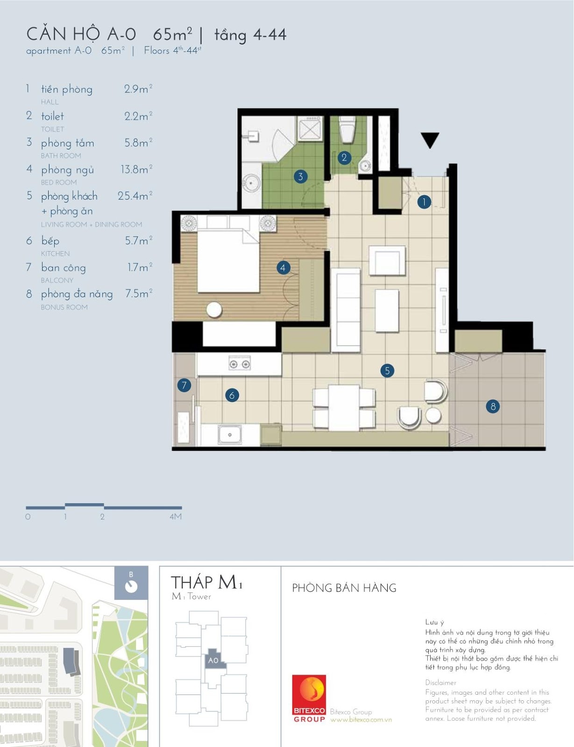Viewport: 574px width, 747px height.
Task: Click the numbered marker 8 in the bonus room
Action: click(x=493, y=407)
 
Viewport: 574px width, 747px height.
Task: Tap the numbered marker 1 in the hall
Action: click(x=424, y=202)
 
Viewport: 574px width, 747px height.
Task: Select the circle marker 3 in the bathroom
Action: click(x=301, y=176)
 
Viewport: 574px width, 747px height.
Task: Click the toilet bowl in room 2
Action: click(x=347, y=130)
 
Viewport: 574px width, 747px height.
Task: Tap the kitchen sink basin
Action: click(x=229, y=435)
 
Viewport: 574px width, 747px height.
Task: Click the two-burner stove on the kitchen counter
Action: click(x=240, y=364)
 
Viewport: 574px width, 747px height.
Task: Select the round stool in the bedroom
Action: click(x=214, y=309)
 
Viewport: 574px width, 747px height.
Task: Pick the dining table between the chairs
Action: click(x=344, y=408)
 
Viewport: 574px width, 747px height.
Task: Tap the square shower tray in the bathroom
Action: click(x=310, y=128)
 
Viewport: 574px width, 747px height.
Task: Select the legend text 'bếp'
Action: click(x=50, y=240)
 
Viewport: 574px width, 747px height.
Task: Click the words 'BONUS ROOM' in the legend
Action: click(x=64, y=307)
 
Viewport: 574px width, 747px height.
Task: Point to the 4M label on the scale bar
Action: click(x=176, y=516)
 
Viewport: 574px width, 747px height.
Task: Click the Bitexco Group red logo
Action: click(x=309, y=698)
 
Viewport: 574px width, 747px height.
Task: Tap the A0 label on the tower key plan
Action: click(x=213, y=660)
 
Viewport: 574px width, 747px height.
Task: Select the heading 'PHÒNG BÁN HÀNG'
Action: click(x=344, y=588)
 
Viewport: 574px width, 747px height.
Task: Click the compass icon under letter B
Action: click(x=131, y=587)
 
